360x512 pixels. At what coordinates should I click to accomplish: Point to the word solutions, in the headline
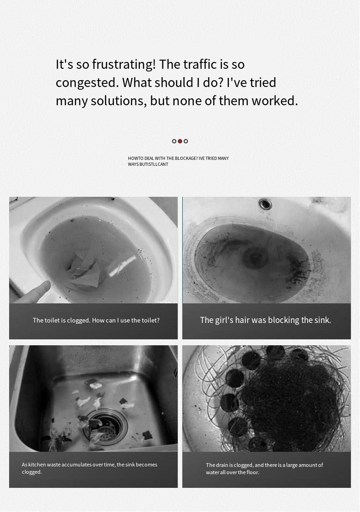[118, 101]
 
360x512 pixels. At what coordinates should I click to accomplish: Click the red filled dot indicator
[180, 141]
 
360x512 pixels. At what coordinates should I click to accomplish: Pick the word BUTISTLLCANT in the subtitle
[154, 164]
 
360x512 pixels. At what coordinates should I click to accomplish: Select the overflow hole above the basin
[265, 204]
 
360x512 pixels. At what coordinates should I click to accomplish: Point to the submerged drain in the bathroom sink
[256, 258]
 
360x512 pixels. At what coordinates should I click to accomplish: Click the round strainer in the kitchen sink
[105, 426]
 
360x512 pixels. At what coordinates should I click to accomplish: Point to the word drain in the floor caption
[222, 465]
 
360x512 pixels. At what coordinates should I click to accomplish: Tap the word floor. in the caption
[253, 472]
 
